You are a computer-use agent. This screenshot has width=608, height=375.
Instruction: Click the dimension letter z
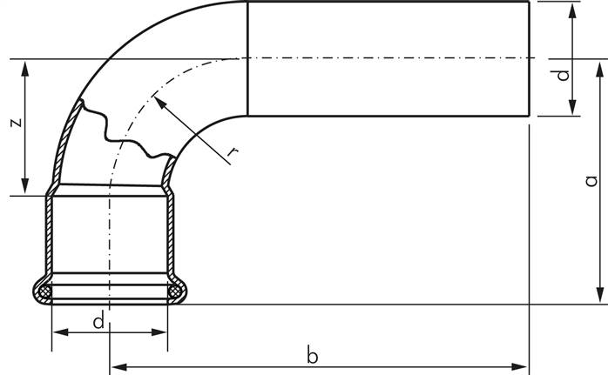pos(17,123)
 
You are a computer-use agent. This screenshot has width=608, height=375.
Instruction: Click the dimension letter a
pos(591,181)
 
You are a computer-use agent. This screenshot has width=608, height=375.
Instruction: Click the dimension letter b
pos(312,354)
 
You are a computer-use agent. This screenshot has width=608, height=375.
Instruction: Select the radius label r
pos(233,152)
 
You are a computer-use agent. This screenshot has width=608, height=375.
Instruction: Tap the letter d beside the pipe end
pos(563,75)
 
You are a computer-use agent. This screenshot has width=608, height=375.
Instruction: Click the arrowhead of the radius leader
pos(159,102)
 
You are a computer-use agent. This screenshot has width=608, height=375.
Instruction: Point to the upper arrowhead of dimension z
pos(25,69)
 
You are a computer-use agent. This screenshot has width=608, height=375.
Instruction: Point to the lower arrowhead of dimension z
pos(25,186)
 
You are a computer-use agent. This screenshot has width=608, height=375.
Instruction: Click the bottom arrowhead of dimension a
pos(600,294)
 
